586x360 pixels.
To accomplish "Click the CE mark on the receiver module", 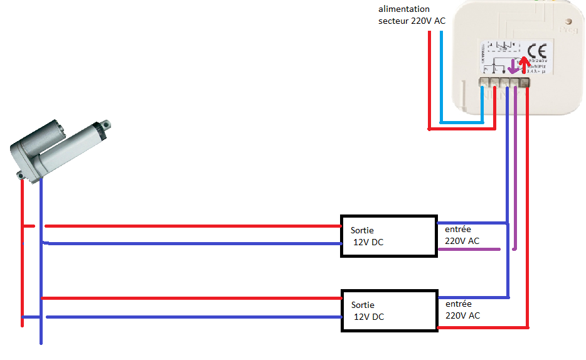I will pyautogui.click(x=538, y=51).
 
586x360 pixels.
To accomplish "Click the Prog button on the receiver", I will pyautogui.click(x=568, y=29).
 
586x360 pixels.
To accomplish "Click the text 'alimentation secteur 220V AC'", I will pyautogui.click(x=412, y=15).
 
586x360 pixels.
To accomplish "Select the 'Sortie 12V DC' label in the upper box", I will pyautogui.click(x=367, y=236).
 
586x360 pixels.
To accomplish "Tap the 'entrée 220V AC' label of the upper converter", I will pyautogui.click(x=462, y=235).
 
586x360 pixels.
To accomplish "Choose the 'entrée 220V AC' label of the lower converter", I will pyautogui.click(x=462, y=309).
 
